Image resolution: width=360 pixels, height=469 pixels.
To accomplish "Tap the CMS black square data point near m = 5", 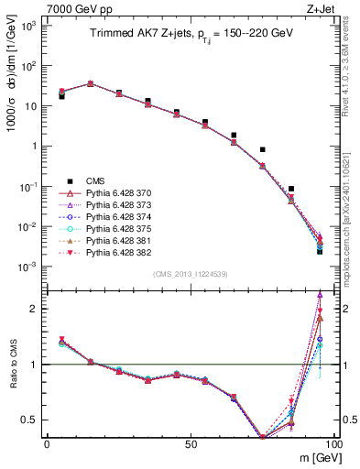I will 61,95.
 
